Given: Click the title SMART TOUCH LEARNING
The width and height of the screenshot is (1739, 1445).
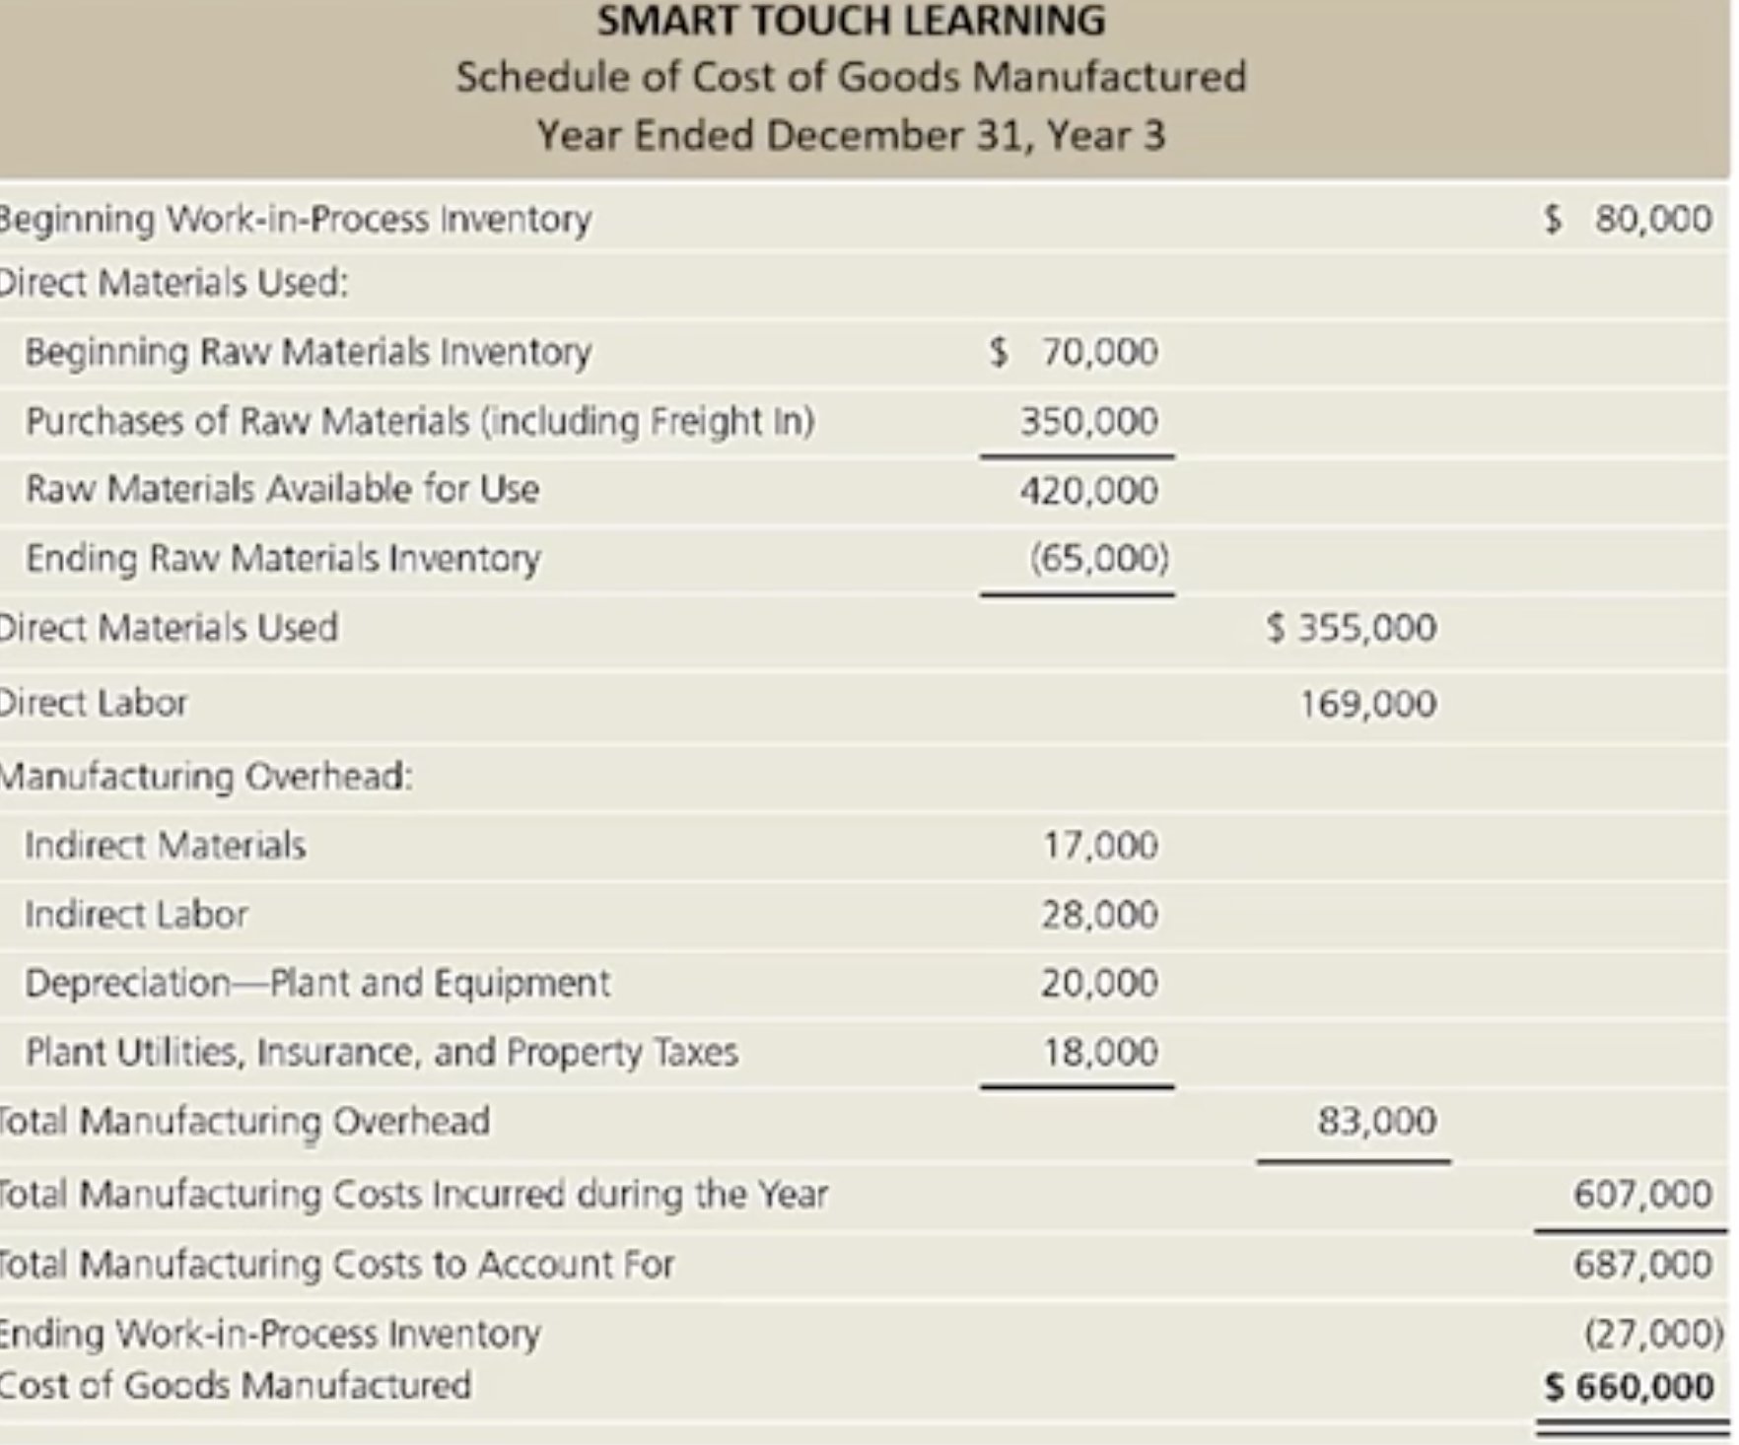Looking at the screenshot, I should (x=851, y=21).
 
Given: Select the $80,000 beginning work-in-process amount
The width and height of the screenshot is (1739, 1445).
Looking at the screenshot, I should (x=1629, y=218).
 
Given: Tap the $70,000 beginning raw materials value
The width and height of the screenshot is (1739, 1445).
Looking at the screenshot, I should (x=1075, y=351).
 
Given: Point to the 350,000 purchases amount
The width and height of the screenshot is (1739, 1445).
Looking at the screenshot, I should (x=1088, y=421).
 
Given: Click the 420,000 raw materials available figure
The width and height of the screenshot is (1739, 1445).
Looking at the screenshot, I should (x=1088, y=490).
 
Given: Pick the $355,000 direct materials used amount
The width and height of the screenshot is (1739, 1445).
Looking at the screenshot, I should (x=1353, y=627).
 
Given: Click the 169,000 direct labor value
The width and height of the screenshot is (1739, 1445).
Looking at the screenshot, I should (x=1367, y=704).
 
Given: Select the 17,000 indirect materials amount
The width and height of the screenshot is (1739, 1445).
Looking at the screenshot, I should (x=1100, y=845).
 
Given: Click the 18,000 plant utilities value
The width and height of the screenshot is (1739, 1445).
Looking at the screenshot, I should (x=1100, y=1052).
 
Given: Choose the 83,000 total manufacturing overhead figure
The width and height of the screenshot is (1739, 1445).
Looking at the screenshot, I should (x=1376, y=1121).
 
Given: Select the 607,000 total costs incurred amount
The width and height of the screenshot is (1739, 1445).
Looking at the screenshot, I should (x=1642, y=1194).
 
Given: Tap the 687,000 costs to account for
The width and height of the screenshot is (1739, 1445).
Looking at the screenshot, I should (x=1642, y=1264).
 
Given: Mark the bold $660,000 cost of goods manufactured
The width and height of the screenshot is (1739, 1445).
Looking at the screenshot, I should (x=1630, y=1387).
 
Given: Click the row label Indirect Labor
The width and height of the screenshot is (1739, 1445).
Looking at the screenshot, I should (x=136, y=915).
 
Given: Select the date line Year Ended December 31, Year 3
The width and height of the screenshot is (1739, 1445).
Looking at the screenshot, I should (x=851, y=135).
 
